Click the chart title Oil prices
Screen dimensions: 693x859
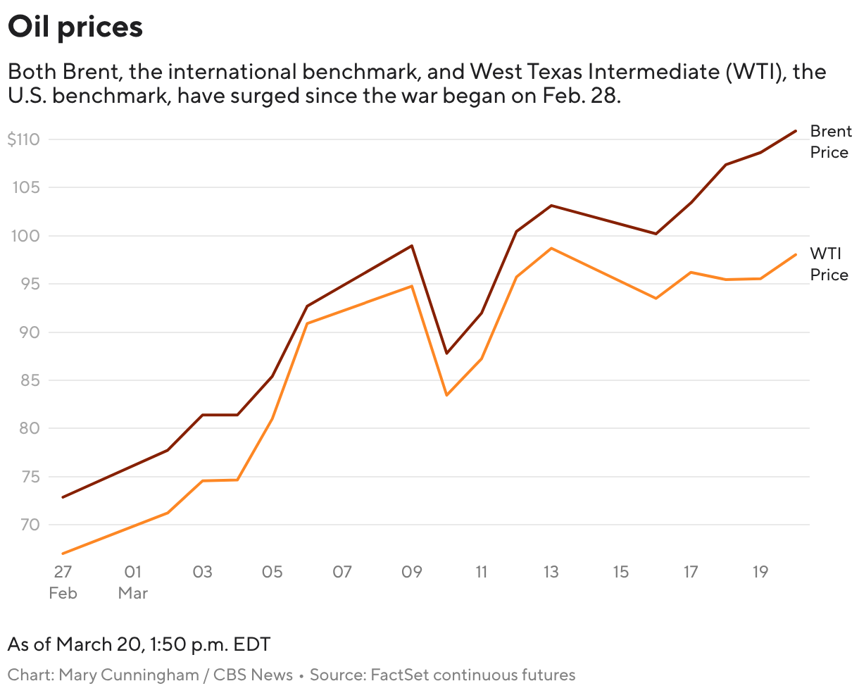pyautogui.click(x=75, y=27)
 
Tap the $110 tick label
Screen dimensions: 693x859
pyautogui.click(x=24, y=139)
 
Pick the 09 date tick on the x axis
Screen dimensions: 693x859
pyautogui.click(x=411, y=572)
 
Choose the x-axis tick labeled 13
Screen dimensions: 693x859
pyautogui.click(x=551, y=572)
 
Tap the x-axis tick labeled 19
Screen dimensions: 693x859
pyautogui.click(x=760, y=572)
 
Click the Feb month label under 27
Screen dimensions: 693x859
pyautogui.click(x=63, y=593)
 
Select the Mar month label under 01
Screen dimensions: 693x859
pyautogui.click(x=132, y=593)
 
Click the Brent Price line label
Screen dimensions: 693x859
pyautogui.click(x=830, y=142)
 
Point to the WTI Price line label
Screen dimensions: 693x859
pyautogui.click(x=829, y=264)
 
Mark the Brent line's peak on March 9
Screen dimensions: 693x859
pyautogui.click(x=412, y=246)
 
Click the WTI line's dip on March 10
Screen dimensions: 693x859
pyautogui.click(x=446, y=395)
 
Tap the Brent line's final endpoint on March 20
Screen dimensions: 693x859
pyautogui.click(x=796, y=131)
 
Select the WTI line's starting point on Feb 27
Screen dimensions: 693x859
pyautogui.click(x=63, y=554)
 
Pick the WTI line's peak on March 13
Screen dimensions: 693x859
pyautogui.click(x=551, y=248)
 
